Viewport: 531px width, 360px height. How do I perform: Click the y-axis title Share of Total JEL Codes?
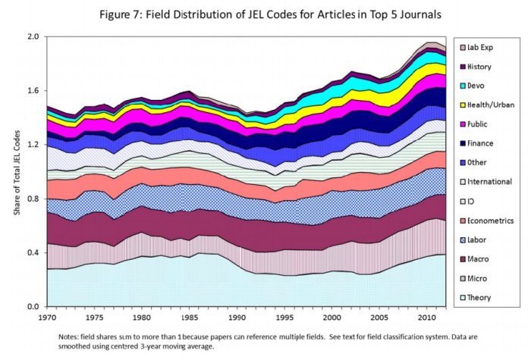click(x=16, y=171)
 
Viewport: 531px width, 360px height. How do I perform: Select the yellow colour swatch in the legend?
click(x=464, y=105)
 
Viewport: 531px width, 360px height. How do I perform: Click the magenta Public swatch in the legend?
click(x=464, y=124)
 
